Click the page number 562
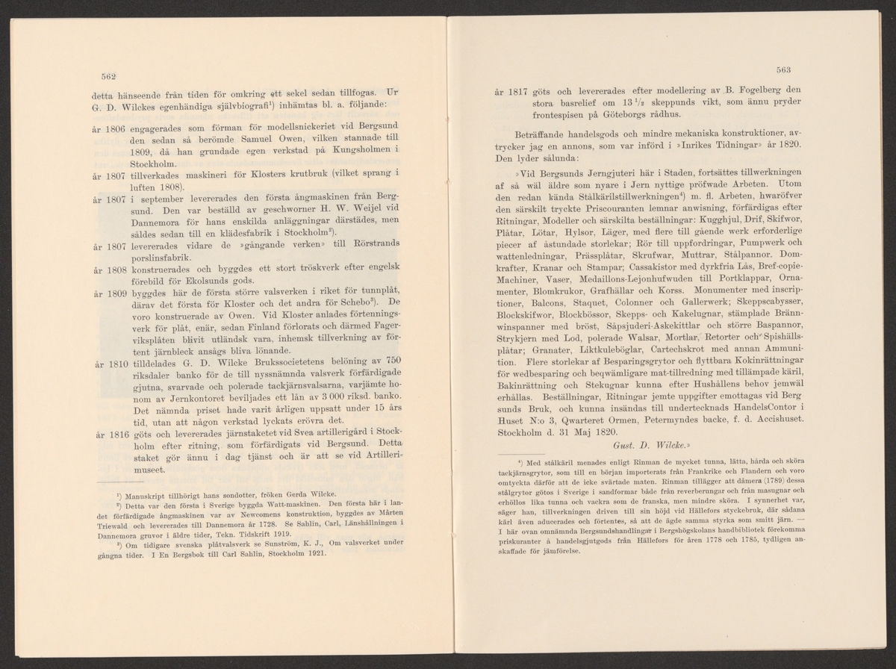tap(100, 76)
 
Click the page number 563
tap(783, 70)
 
